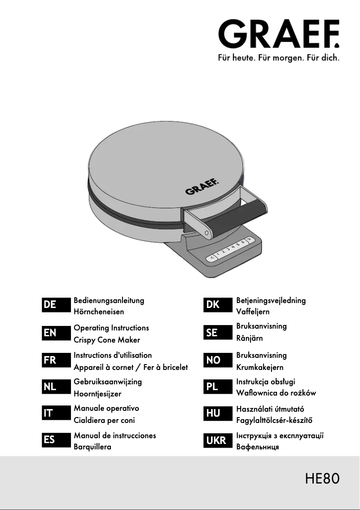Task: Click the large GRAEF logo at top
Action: pyautogui.click(x=278, y=34)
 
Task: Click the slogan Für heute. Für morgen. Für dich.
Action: pyautogui.click(x=278, y=58)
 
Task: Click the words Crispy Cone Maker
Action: pyautogui.click(x=107, y=340)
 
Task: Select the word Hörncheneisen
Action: pyautogui.click(x=99, y=312)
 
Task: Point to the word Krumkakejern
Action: pyautogui.click(x=260, y=367)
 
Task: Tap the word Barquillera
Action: pyautogui.click(x=92, y=447)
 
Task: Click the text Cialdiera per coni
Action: pyautogui.click(x=104, y=421)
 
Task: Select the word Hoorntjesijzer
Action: pyautogui.click(x=97, y=394)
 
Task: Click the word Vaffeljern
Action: pyautogui.click(x=253, y=312)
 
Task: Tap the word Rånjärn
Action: pyautogui.click(x=250, y=339)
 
